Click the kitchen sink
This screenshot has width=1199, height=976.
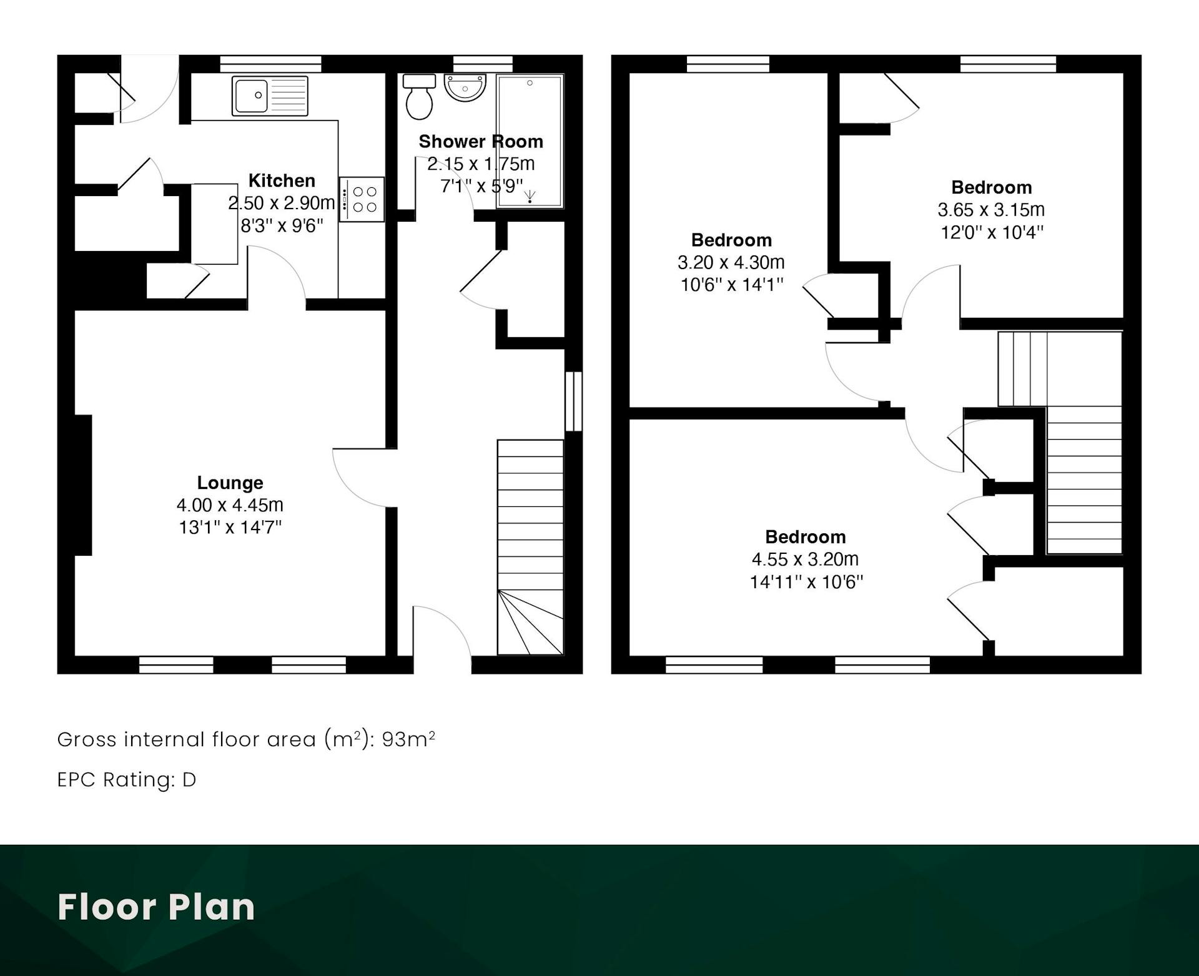coord(270,96)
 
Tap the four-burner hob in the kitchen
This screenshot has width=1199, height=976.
coord(362,199)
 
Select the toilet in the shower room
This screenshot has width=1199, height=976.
coord(419,97)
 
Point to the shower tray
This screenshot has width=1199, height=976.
coord(530,141)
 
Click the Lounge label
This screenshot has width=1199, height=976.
coord(230,483)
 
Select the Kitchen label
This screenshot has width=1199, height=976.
coord(282,180)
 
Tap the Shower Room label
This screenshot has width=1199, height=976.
coord(481,142)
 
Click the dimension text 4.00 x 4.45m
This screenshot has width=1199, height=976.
coord(230,505)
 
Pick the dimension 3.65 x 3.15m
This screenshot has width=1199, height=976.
coord(991,210)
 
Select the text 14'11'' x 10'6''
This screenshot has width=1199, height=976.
coord(806,582)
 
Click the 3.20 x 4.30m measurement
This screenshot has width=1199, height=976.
coord(731,262)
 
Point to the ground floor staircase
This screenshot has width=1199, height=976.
coord(530,548)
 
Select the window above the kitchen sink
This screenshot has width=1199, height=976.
coord(270,64)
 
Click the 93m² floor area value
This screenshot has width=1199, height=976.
coord(408,739)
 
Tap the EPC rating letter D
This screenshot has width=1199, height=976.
coord(189,780)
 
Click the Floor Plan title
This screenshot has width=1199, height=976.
coord(157,907)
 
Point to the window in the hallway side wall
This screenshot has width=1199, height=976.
coord(573,402)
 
